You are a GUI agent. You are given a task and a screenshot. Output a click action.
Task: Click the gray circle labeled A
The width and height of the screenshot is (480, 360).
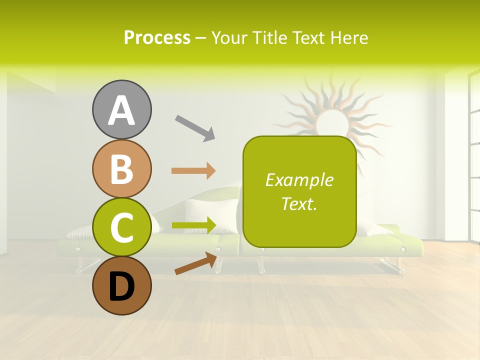(121, 109)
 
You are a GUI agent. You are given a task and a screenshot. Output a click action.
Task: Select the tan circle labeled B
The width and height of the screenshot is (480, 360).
(121, 168)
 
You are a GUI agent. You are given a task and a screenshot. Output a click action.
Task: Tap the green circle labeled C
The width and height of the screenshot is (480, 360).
(121, 227)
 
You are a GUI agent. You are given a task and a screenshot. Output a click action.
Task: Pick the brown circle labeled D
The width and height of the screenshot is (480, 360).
(121, 285)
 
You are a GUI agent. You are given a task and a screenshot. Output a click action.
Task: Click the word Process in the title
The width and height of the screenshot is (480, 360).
(157, 37)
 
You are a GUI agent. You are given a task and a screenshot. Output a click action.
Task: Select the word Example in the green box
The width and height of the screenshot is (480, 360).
(299, 180)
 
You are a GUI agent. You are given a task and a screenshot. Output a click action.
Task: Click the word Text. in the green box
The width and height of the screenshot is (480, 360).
(299, 203)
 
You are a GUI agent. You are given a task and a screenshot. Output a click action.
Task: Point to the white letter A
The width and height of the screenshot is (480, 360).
(121, 110)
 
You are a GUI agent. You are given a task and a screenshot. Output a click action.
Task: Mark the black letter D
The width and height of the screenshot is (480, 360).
(121, 286)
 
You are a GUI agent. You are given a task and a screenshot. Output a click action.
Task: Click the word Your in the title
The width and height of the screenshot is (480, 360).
(228, 37)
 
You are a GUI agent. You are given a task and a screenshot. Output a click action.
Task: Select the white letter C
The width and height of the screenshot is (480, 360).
(121, 227)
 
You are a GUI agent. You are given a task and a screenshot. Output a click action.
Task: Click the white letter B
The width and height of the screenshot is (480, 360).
(121, 169)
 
